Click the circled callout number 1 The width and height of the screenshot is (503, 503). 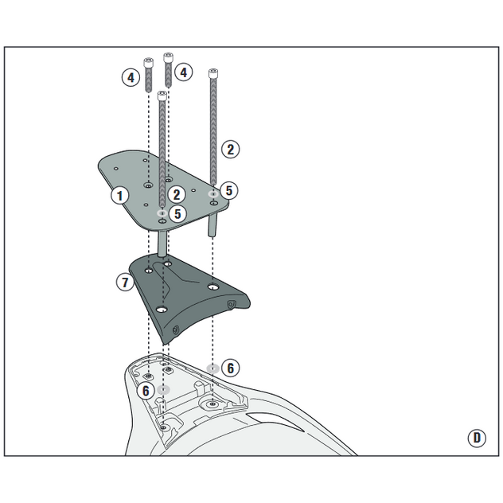(120, 195)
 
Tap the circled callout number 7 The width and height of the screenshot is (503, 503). (125, 282)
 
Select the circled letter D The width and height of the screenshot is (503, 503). (477, 438)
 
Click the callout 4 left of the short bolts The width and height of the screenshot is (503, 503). (131, 78)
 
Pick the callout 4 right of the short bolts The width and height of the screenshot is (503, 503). (184, 72)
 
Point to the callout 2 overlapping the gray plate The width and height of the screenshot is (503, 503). (177, 195)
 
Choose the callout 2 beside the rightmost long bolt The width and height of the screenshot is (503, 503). (230, 149)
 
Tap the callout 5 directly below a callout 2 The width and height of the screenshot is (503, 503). (177, 213)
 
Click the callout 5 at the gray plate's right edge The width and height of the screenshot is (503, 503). (228, 190)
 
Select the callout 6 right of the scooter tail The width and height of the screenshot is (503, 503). (230, 368)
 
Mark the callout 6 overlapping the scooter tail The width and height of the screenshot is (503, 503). (146, 391)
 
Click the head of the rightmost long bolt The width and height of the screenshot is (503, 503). (213, 73)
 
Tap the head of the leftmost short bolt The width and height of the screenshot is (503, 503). (148, 63)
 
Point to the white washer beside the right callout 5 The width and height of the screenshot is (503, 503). (213, 193)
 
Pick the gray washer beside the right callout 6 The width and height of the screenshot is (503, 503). (213, 368)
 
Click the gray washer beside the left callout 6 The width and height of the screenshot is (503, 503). (164, 390)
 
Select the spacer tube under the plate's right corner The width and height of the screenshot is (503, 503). (213, 224)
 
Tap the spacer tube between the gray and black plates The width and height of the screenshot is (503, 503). (162, 244)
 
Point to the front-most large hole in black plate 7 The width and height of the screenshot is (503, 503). (162, 310)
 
